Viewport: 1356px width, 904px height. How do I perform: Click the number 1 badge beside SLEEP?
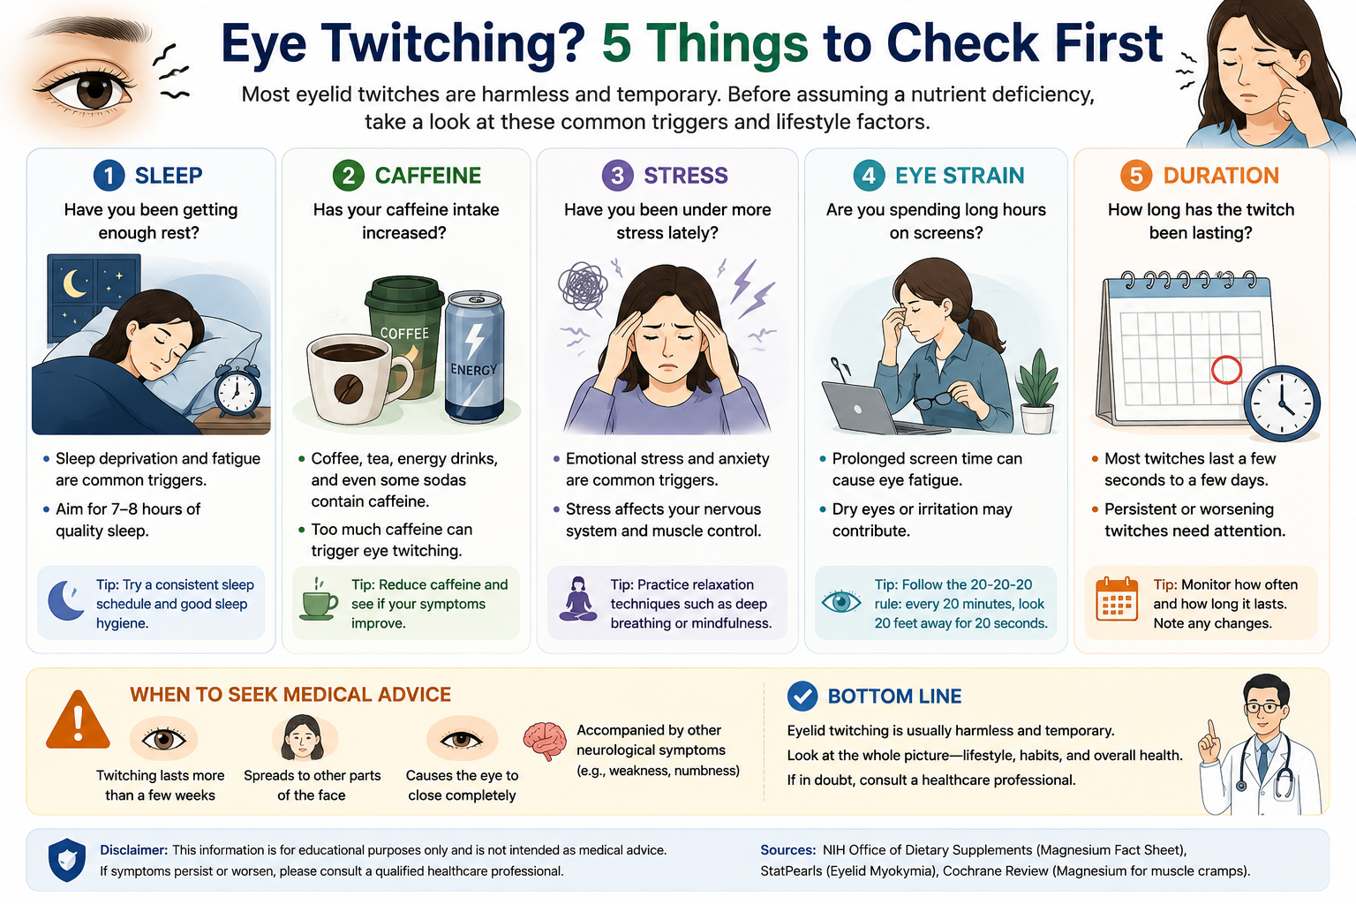109,176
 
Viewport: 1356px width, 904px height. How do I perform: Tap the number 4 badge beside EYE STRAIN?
869,176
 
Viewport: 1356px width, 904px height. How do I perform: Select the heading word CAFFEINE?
428,176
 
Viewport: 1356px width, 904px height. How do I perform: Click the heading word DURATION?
1221,176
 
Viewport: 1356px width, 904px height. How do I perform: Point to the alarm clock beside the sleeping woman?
237,388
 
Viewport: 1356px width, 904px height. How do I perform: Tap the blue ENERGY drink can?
475,357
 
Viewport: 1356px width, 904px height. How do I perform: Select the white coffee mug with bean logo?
356,379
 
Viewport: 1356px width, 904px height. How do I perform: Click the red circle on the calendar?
1226,369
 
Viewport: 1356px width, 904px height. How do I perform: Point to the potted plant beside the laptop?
1037,391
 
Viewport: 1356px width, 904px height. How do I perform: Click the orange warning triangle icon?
78,720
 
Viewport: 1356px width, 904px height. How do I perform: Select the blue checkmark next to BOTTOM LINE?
802,697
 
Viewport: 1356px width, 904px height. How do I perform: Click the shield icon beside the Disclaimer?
67,860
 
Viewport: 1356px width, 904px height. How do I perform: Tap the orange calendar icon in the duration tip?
1117,599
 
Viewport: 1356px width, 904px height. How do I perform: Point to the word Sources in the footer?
788,850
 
